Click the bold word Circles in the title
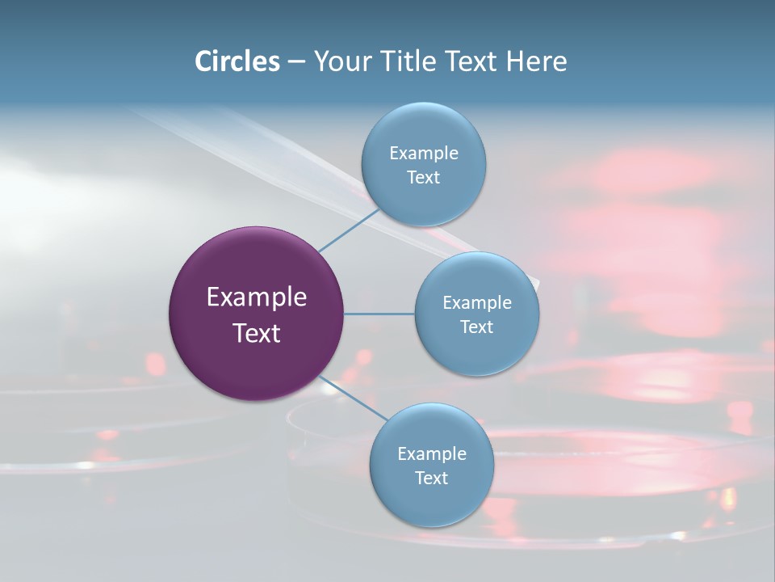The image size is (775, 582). [237, 61]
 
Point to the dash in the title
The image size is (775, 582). [296, 62]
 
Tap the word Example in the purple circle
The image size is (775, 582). [257, 297]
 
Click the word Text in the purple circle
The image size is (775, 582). [257, 333]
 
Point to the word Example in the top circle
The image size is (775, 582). [424, 154]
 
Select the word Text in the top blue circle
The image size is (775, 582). [423, 178]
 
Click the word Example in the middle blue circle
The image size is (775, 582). [477, 303]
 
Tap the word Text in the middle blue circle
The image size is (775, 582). [476, 327]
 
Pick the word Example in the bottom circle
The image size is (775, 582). [432, 454]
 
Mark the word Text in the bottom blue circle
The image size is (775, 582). [431, 479]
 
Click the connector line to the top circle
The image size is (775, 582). [350, 230]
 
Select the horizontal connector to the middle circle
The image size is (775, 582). [379, 314]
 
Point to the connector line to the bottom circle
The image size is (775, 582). [354, 398]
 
